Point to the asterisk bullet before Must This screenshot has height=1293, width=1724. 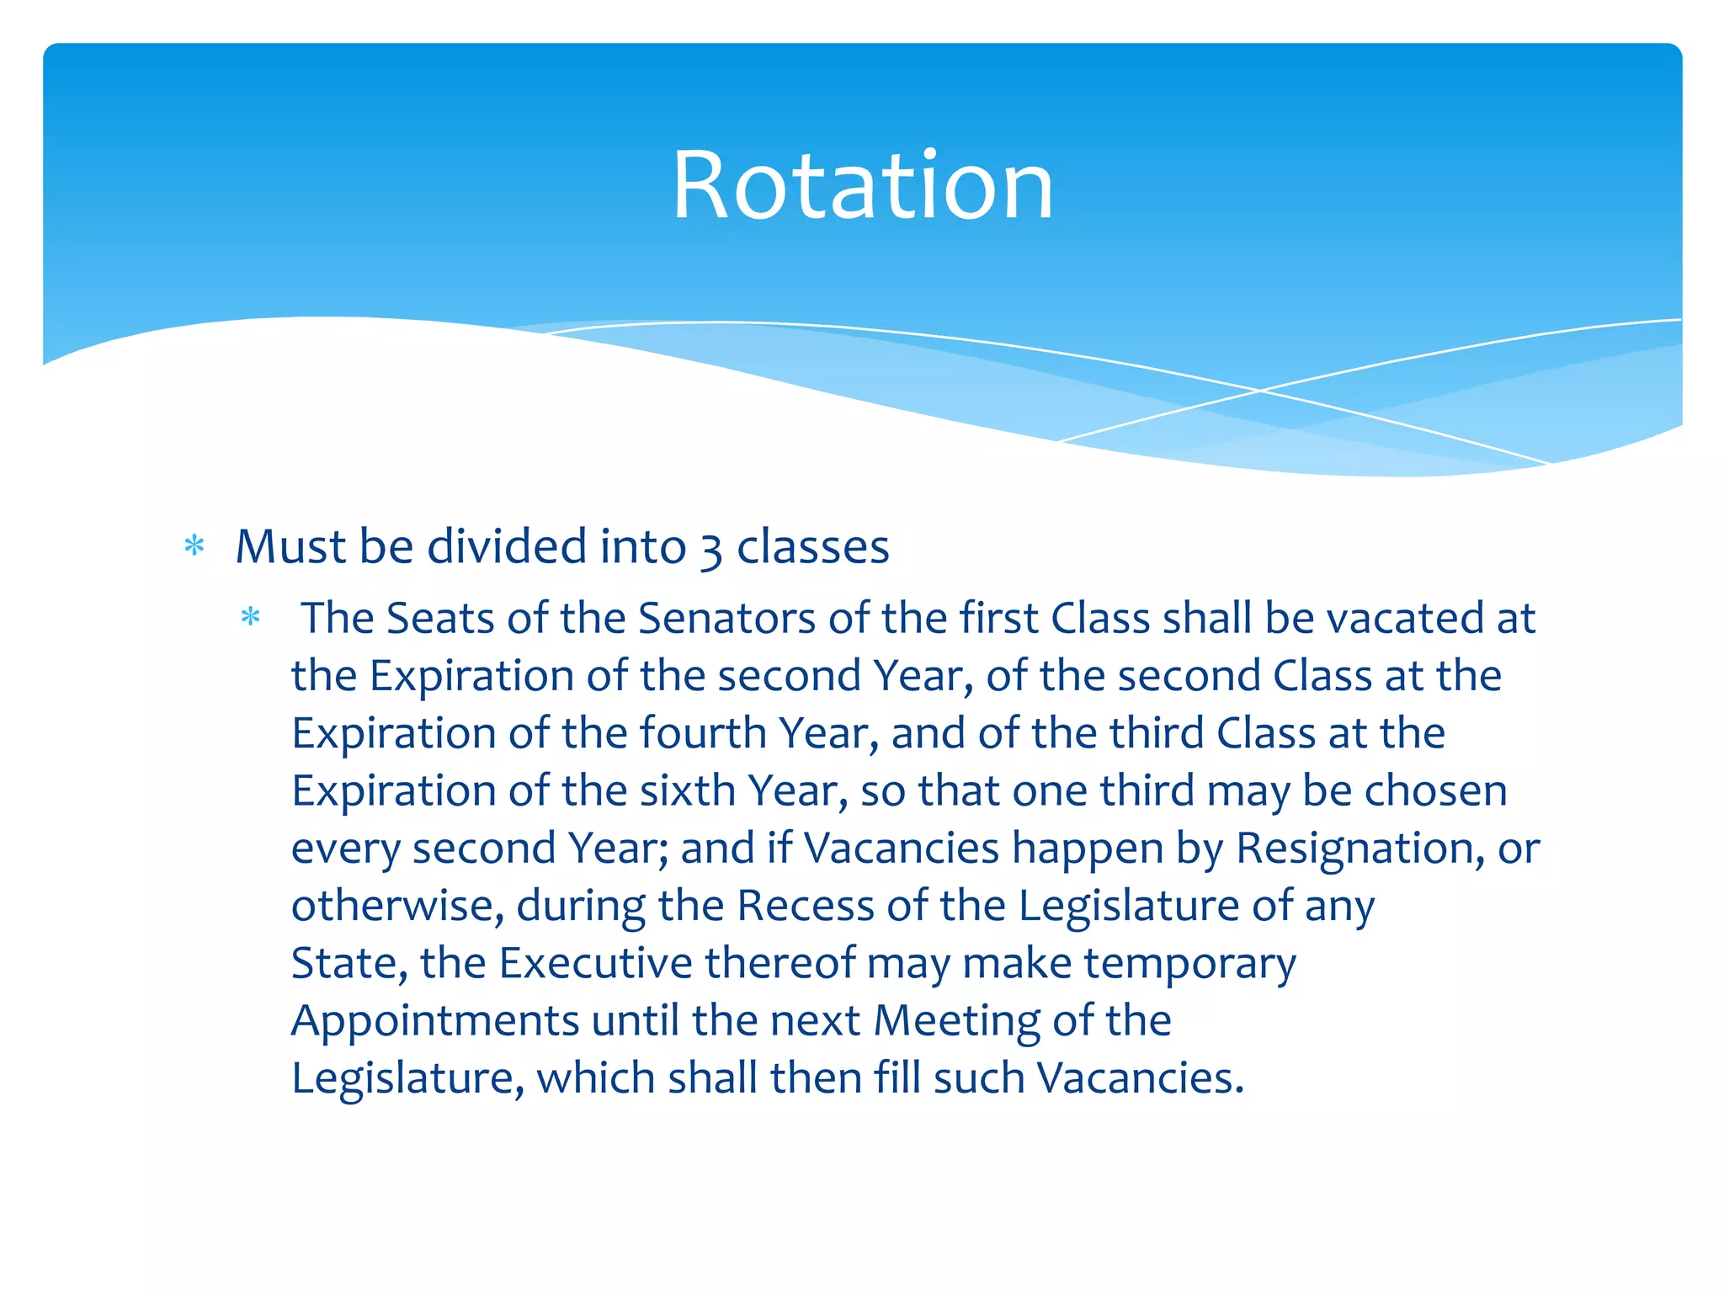[194, 546]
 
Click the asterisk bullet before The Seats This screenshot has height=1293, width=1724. [250, 618]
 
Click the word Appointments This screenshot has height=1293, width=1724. [435, 1022]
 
